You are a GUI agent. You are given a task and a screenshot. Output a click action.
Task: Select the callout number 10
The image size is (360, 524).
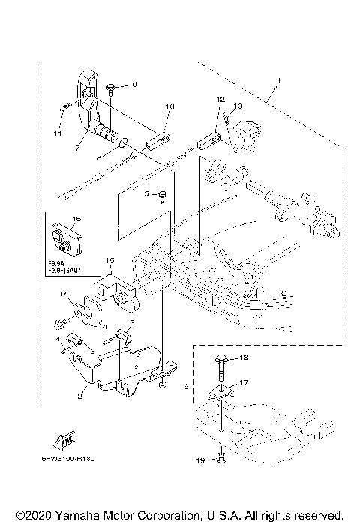pyautogui.click(x=169, y=107)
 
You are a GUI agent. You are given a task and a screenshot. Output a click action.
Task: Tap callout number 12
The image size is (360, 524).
pyautogui.click(x=220, y=99)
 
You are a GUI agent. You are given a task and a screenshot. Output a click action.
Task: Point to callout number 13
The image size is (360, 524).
pyautogui.click(x=238, y=106)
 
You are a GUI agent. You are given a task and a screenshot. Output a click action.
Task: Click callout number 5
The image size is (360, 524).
pyautogui.click(x=148, y=193)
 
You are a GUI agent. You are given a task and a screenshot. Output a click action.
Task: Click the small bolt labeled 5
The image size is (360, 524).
pyautogui.click(x=161, y=195)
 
